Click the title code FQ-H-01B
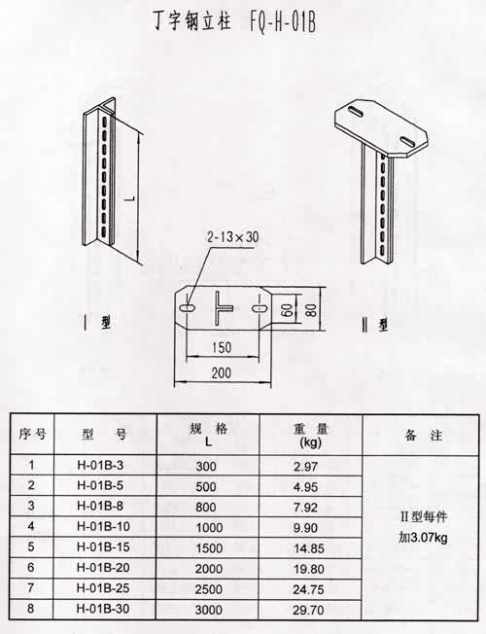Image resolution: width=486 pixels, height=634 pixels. point(283,22)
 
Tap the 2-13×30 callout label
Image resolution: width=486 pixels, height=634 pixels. point(232,236)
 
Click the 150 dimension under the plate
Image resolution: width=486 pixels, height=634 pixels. point(222,347)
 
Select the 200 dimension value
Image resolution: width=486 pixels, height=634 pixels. point(222,372)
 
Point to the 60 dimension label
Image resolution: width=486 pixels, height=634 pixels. point(287,310)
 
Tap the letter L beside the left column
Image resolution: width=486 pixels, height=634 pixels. point(131,199)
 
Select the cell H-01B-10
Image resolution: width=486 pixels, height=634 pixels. point(103,526)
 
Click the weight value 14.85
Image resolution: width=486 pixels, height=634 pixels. point(309,548)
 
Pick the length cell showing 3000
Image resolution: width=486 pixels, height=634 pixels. point(209,610)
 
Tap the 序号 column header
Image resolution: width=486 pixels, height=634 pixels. point(32,435)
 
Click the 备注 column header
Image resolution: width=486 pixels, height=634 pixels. point(424,436)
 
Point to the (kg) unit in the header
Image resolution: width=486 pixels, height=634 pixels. point(310,442)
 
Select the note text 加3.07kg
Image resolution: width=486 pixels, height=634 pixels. point(423,538)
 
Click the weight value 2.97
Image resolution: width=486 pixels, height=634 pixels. point(305,467)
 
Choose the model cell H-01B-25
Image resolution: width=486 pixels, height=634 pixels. point(103,588)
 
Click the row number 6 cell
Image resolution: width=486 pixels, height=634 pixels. point(31,568)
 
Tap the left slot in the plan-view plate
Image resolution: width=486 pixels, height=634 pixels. point(187,308)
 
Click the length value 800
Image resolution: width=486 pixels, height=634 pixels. point(206,507)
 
